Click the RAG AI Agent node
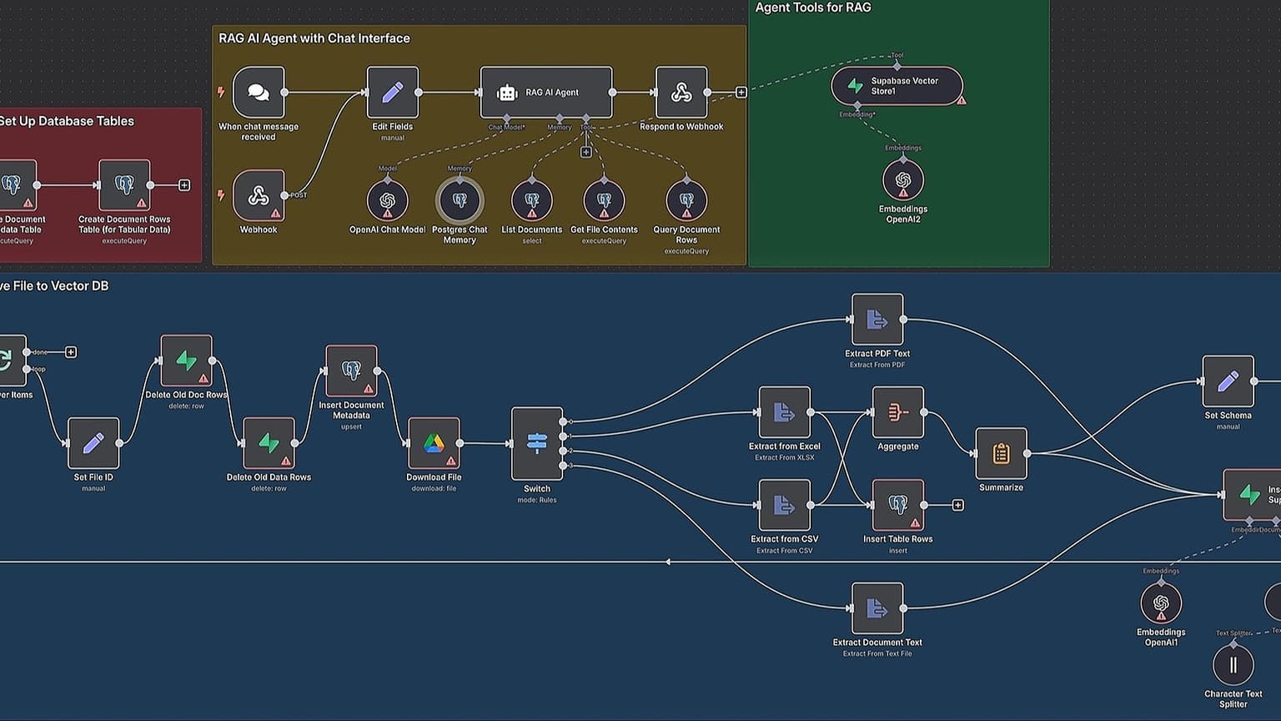pos(546,93)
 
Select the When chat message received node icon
pos(259,93)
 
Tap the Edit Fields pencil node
pos(393,93)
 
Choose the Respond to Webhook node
pos(681,93)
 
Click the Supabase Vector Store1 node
pos(897,86)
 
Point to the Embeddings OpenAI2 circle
pos(903,180)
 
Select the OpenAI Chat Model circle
pos(387,200)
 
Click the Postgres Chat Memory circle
pos(460,200)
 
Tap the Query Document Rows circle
pos(686,200)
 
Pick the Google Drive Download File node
pos(434,443)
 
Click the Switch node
pos(537,443)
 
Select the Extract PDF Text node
pos(877,319)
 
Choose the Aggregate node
pos(897,411)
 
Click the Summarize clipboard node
pos(1001,453)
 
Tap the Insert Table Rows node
pos(897,505)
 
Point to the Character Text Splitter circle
pos(1233,665)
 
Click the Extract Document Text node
pos(877,608)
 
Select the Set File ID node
pos(93,443)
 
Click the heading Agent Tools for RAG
pos(813,8)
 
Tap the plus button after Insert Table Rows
pos(957,505)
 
